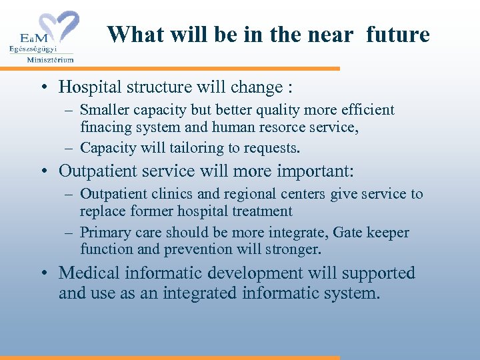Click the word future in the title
click(398, 34)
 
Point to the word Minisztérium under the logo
click(50, 59)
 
